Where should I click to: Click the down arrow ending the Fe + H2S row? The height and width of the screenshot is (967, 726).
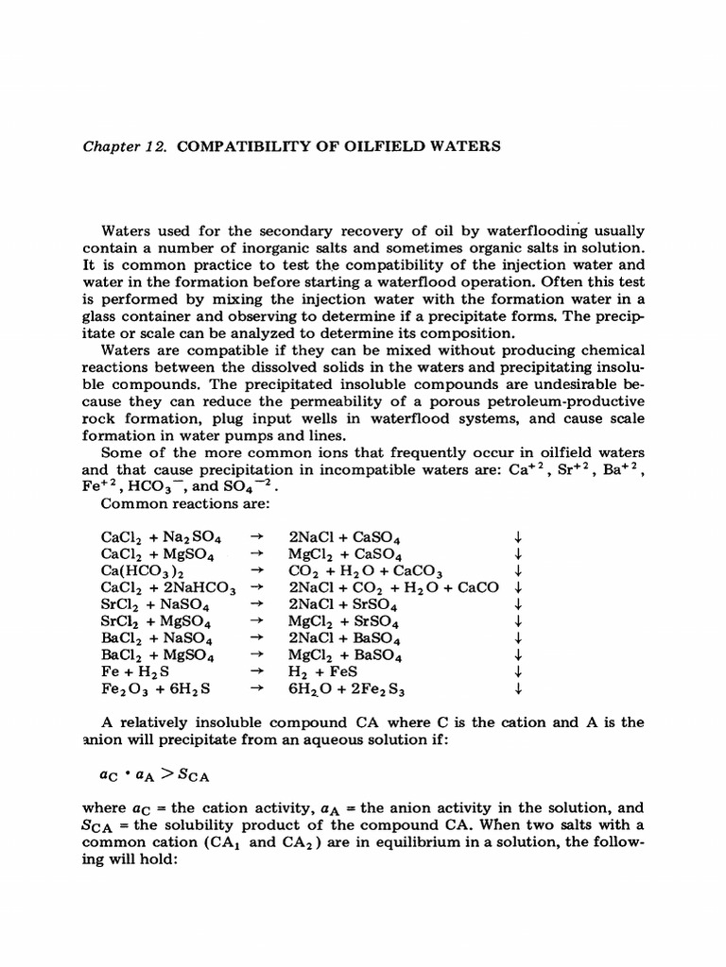(518, 672)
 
